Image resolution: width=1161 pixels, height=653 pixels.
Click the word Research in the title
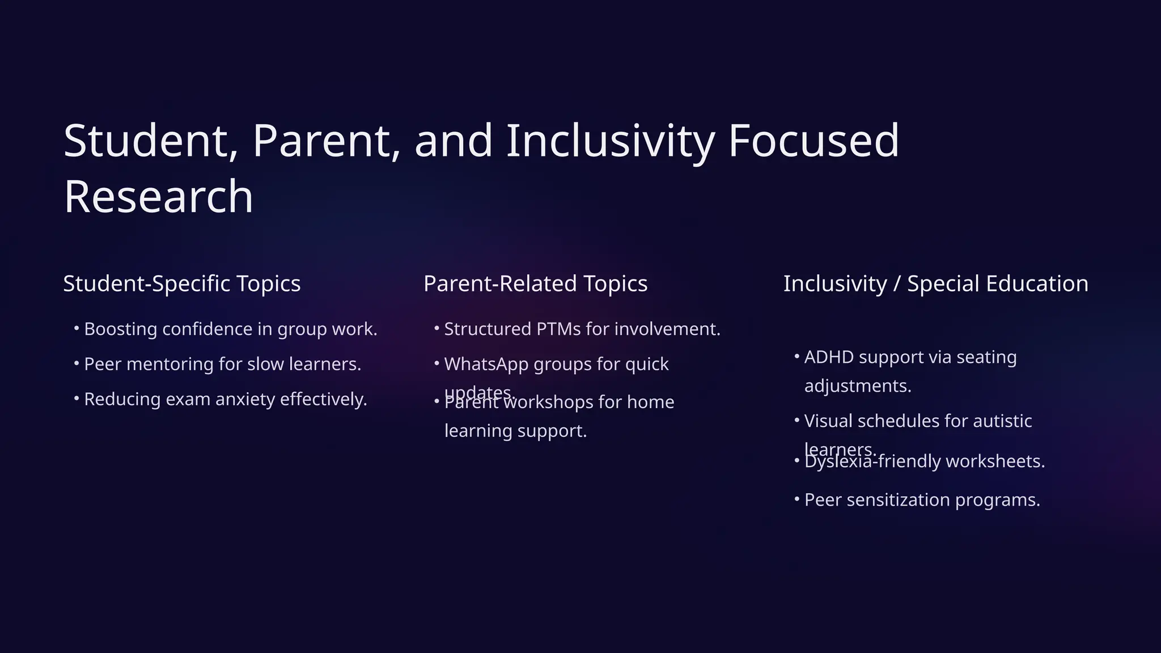[158, 196]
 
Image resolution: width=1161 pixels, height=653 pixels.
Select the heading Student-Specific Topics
[181, 283]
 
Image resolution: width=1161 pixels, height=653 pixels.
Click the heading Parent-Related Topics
[535, 283]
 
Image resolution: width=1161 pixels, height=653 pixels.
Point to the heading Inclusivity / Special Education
[935, 283]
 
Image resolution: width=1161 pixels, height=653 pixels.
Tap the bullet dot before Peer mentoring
[77, 363]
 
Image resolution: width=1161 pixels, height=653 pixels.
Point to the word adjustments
[857, 386]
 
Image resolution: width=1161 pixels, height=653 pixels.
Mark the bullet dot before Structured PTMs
[437, 328]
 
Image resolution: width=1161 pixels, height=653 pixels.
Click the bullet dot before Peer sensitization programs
[796, 499]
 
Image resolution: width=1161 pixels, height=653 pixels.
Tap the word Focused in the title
[813, 141]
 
